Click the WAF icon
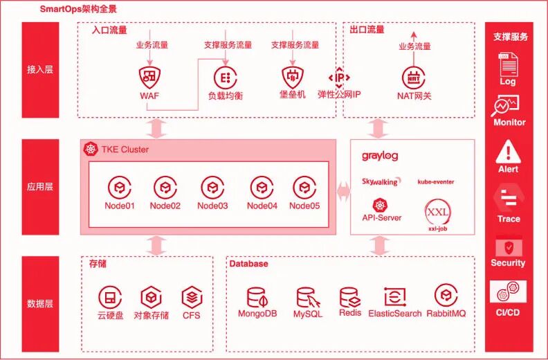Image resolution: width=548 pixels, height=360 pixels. [149, 75]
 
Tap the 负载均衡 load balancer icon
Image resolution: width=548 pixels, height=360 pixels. [225, 76]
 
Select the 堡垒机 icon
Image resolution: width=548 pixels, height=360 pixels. [293, 75]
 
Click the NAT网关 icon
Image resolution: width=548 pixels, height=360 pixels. [414, 76]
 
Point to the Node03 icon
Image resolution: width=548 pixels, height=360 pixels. [212, 187]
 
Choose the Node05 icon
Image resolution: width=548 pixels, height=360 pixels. [304, 187]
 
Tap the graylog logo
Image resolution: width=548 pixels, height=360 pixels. [380, 156]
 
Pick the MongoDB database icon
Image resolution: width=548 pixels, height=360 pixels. [258, 298]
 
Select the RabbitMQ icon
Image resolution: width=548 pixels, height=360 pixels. [446, 296]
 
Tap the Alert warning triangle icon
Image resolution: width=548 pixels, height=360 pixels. [508, 150]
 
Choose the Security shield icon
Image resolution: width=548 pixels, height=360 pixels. [508, 246]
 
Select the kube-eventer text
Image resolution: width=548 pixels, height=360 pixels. [436, 182]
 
